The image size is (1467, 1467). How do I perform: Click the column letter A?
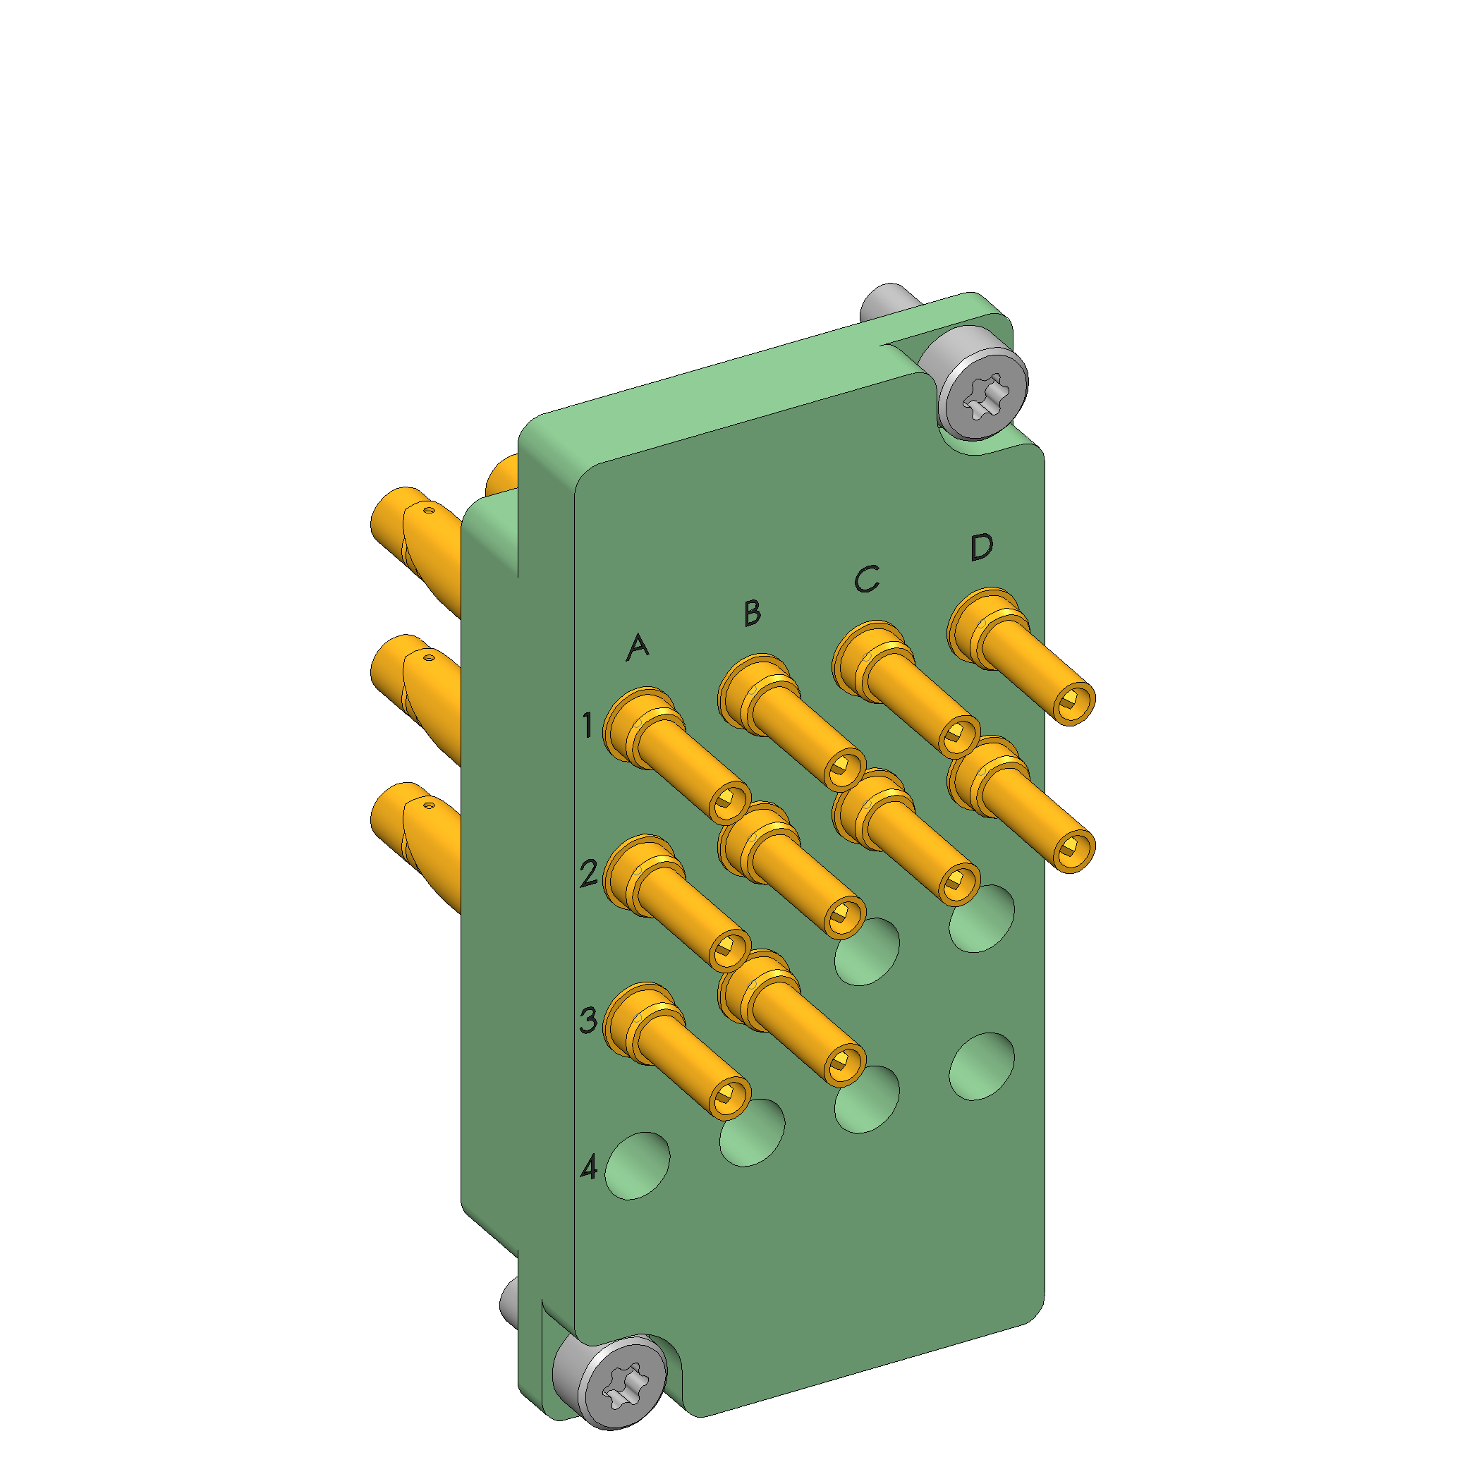click(638, 646)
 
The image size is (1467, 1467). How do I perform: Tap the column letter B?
click(752, 613)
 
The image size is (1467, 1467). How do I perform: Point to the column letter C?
click(866, 579)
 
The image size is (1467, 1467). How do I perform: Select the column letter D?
click(982, 547)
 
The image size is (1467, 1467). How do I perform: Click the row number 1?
click(587, 725)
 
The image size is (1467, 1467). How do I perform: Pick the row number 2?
click(589, 874)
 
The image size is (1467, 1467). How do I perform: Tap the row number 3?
click(588, 1021)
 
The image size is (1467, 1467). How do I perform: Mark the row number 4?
click(589, 1168)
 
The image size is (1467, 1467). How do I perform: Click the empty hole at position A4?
click(638, 1166)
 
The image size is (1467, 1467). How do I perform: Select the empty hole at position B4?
click(753, 1132)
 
